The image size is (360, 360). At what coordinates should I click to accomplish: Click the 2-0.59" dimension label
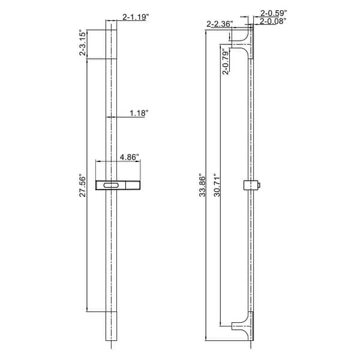pyautogui.click(x=274, y=11)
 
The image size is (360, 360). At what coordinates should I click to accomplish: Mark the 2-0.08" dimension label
pyautogui.click(x=274, y=20)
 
